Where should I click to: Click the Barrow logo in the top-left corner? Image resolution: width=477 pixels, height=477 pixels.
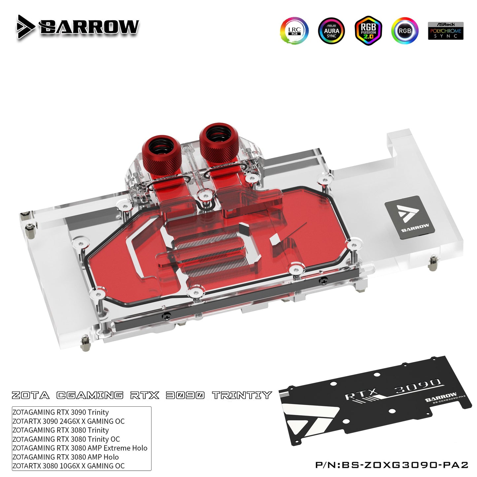[x=78, y=27]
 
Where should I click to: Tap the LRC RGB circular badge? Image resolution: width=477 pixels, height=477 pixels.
[x=294, y=31]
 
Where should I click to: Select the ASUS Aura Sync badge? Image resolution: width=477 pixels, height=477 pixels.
[x=331, y=31]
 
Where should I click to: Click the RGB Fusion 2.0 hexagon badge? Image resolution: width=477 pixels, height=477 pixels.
[x=368, y=31]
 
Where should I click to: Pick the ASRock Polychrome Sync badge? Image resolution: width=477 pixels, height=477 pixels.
[x=446, y=31]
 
